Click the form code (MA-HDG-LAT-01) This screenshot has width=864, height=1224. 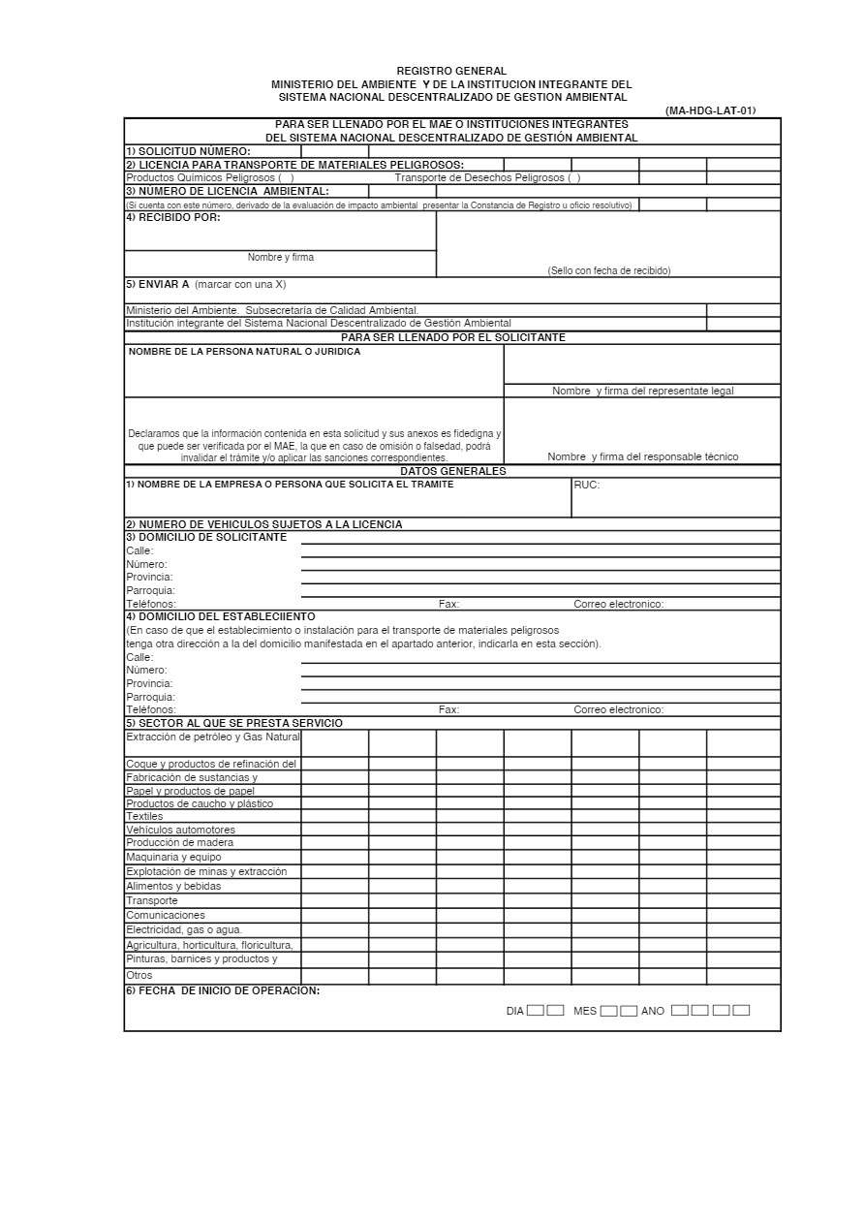(x=710, y=110)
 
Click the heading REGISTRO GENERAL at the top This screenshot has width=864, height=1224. (x=451, y=71)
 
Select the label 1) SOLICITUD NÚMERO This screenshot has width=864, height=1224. (x=188, y=151)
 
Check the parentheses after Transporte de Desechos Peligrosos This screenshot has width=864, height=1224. (x=573, y=178)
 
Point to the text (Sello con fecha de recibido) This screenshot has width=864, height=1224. (x=608, y=270)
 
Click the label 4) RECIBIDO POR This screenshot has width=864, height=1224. (x=173, y=217)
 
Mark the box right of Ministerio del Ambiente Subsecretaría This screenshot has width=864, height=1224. (x=743, y=310)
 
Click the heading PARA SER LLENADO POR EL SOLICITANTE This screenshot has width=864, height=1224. (x=452, y=337)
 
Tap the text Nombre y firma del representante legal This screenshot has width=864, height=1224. (x=642, y=391)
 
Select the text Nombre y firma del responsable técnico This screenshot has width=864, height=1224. (x=642, y=456)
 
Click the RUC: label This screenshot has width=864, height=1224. (x=586, y=485)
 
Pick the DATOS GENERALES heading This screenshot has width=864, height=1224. (x=452, y=471)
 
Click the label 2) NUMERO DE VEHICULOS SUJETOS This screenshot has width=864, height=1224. (x=263, y=524)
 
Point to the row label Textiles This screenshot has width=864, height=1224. (x=144, y=816)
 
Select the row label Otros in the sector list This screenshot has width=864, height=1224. (x=139, y=975)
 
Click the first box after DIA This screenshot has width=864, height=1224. (x=536, y=1010)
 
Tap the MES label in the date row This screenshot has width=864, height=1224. (x=585, y=1011)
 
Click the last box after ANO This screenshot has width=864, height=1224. (x=741, y=1010)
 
